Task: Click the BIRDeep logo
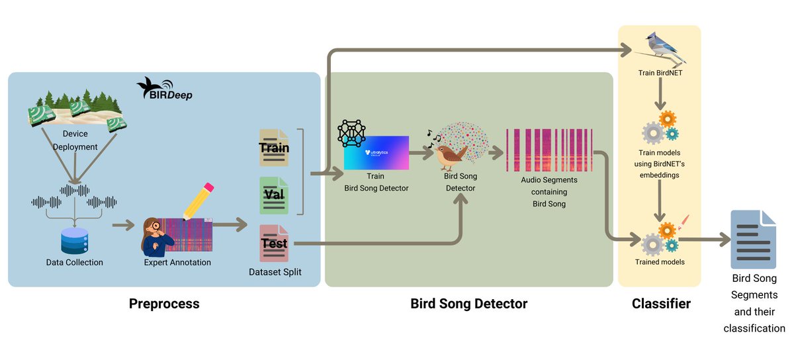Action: [x=163, y=90]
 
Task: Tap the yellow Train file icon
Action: [x=274, y=148]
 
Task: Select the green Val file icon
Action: [x=274, y=196]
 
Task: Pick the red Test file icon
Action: [x=274, y=243]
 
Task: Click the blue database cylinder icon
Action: [x=74, y=241]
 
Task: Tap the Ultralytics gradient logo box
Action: [x=376, y=153]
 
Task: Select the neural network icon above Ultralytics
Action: [x=351, y=133]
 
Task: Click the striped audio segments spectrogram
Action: [x=549, y=150]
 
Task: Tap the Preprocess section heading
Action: [x=164, y=304]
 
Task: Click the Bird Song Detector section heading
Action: [x=468, y=304]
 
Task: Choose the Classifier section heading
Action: [x=661, y=304]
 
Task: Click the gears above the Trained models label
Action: [x=660, y=238]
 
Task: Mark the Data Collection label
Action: [x=74, y=263]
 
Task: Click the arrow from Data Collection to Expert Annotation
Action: [x=122, y=227]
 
